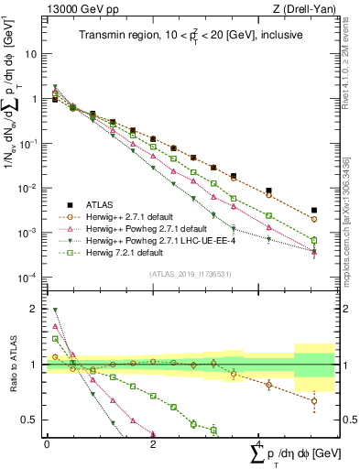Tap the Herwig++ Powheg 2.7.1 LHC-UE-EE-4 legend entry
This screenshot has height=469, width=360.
(x=147, y=240)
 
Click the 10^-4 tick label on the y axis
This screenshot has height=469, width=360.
(x=27, y=278)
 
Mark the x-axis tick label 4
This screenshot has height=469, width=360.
(x=259, y=443)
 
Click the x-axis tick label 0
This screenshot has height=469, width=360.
(x=47, y=443)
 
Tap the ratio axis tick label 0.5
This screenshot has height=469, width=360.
(x=29, y=420)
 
